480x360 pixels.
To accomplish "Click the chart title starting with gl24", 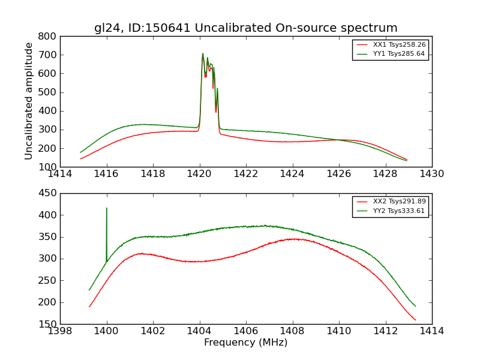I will click(x=245, y=28).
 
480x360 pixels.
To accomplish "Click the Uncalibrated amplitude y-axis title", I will click(x=29, y=101).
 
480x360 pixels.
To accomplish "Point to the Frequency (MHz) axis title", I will click(x=245, y=343).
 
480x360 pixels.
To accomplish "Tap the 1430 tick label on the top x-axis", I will click(x=431, y=174).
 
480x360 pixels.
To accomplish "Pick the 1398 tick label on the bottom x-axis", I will click(x=60, y=331).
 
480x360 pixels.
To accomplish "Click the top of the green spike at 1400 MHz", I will click(x=107, y=208).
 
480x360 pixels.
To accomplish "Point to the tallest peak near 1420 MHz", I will click(x=203, y=53).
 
